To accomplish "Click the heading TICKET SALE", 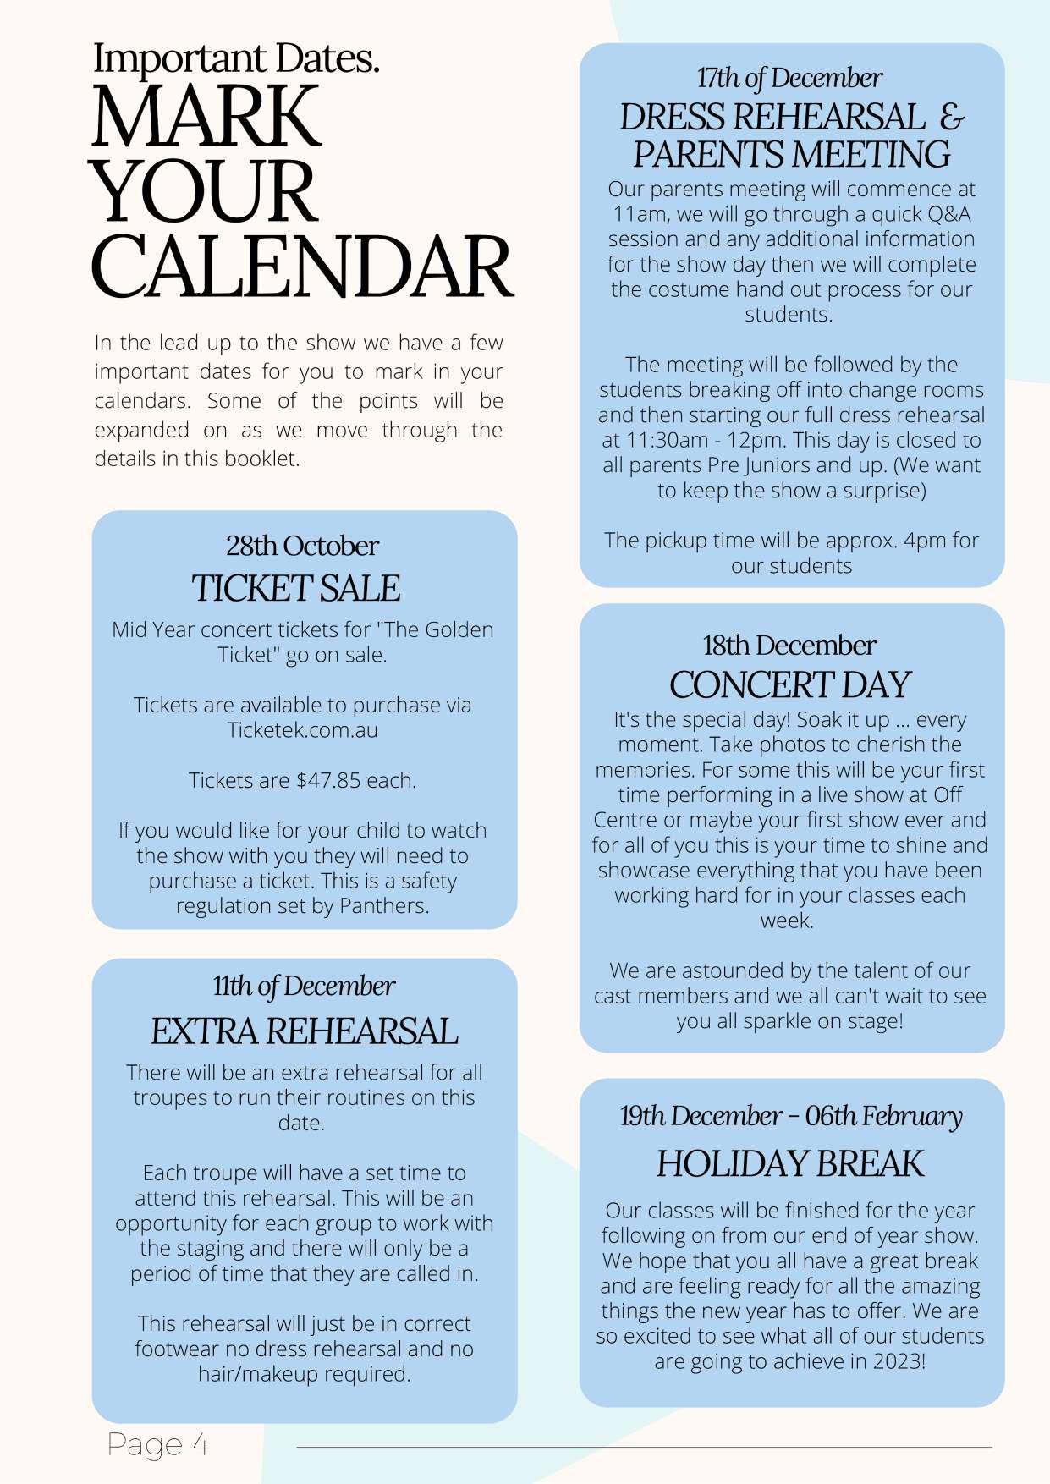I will point(295,589).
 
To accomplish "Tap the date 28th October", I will point(302,546).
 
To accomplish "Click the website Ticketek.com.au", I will point(302,730).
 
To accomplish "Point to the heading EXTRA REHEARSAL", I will point(304,1031).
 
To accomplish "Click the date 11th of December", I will point(304,986).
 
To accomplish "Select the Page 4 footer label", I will point(158,1444).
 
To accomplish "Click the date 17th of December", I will point(789,78).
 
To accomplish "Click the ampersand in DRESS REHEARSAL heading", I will point(952,117).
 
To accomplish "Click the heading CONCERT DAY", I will point(789,684).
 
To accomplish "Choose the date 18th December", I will point(789,645).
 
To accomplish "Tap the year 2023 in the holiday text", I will point(898,1361).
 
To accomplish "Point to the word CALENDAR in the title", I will point(301,267).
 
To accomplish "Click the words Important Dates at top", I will point(236,59).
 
